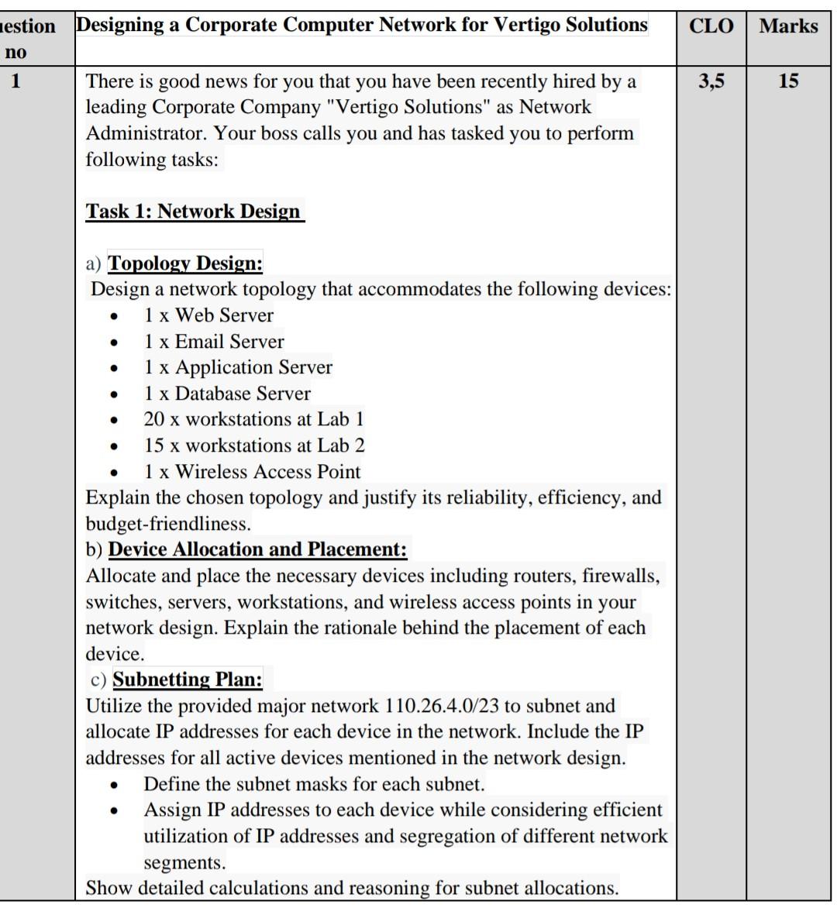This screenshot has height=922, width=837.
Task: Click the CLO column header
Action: (x=711, y=26)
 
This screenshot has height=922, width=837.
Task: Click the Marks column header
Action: (x=788, y=26)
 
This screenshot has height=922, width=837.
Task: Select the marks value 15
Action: (x=788, y=81)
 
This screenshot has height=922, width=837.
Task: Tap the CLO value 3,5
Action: (x=711, y=81)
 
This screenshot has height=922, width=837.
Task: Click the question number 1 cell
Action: (x=15, y=81)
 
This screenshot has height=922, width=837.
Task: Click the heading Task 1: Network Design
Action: (x=194, y=212)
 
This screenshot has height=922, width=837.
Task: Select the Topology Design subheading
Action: (x=184, y=263)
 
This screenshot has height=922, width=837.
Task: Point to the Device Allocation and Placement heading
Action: (x=257, y=549)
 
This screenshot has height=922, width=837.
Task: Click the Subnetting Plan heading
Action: (x=187, y=679)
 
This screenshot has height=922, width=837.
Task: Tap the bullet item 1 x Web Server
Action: (x=208, y=315)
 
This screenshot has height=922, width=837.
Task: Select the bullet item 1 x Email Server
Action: (x=213, y=342)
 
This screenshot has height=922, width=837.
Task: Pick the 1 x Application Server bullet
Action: (x=237, y=367)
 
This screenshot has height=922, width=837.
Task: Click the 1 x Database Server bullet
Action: (x=226, y=394)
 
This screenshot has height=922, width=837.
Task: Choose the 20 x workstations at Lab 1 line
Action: (x=253, y=419)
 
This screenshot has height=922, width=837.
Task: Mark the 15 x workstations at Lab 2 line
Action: (x=253, y=446)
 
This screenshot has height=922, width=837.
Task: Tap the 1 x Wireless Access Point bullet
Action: (x=251, y=472)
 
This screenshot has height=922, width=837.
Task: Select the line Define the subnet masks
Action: (x=313, y=784)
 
